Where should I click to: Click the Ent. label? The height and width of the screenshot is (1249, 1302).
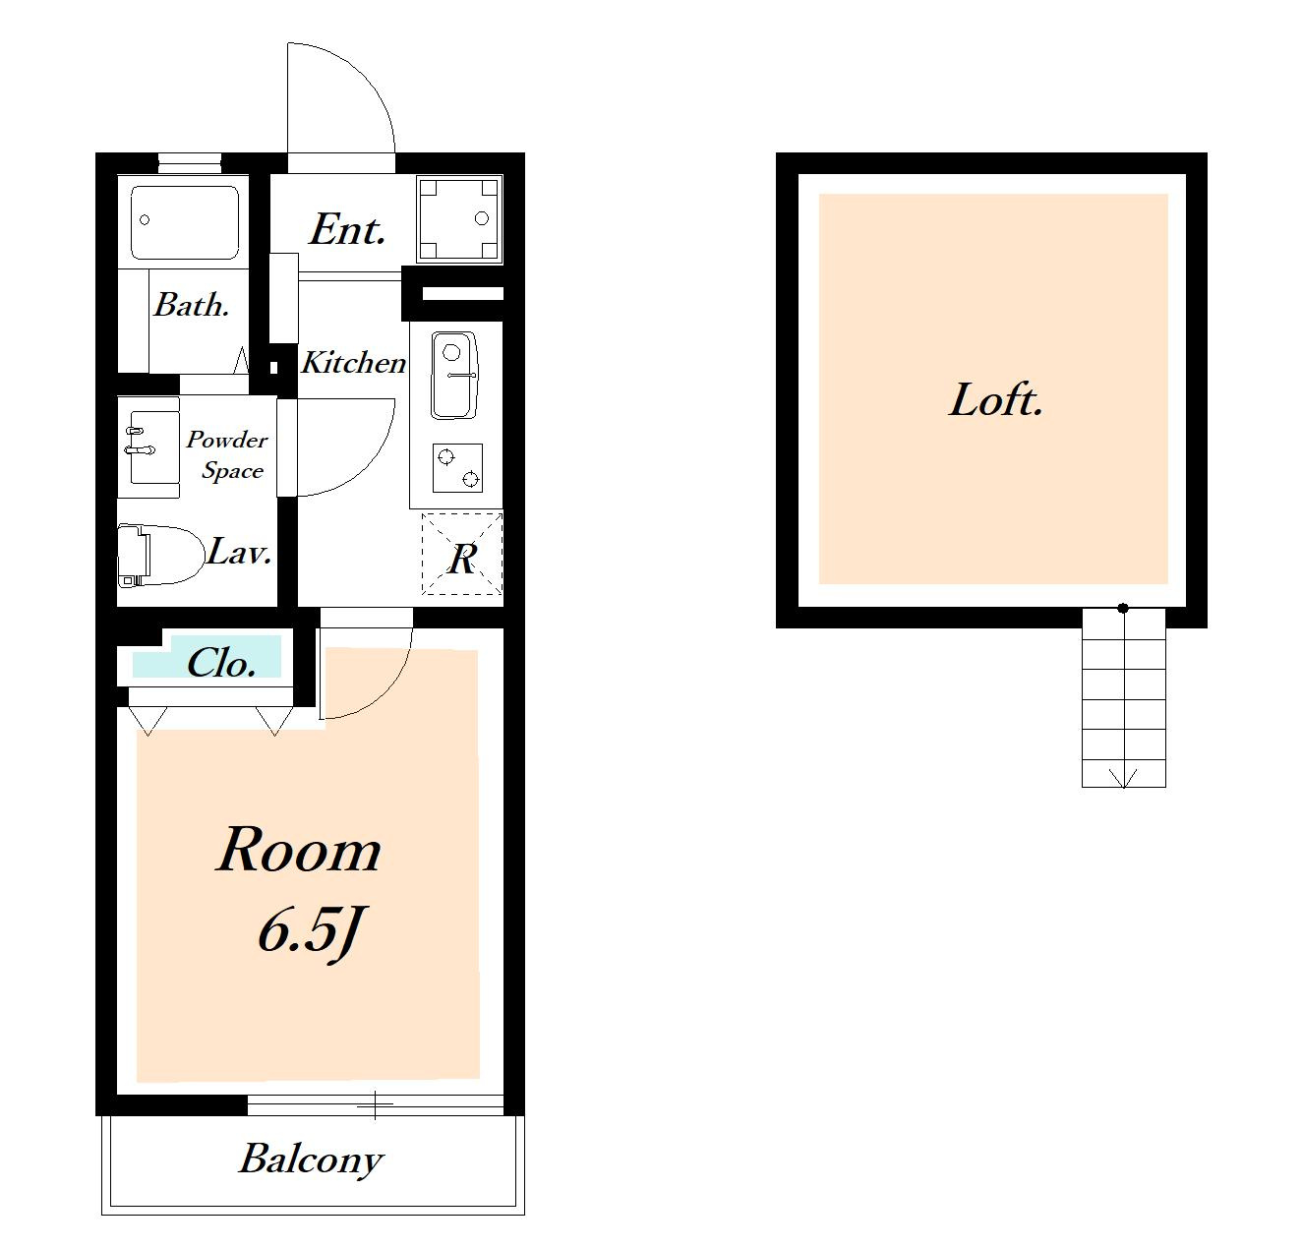point(347,229)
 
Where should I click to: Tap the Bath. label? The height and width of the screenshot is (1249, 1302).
point(192,305)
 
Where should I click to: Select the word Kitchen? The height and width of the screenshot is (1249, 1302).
point(353,363)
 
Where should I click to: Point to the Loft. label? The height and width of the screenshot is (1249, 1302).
point(996,400)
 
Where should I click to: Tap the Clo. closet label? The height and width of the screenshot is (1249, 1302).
point(221,664)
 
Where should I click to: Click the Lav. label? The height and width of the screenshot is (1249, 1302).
point(239,552)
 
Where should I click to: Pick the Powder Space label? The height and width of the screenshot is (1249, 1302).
point(227,455)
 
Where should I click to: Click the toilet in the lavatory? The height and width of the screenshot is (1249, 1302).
point(160,556)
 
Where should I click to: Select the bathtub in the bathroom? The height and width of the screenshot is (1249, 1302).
point(185,223)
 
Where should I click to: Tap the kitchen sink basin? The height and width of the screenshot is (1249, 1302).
point(454,376)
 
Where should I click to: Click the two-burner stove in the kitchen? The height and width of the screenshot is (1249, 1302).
point(457,467)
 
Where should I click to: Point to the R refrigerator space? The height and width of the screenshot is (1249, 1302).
point(462,554)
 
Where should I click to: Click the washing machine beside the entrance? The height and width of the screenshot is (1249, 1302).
point(459,218)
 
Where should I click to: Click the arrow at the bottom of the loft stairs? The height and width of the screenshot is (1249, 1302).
point(1123,777)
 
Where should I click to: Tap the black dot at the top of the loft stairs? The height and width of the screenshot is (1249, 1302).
point(1123,608)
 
